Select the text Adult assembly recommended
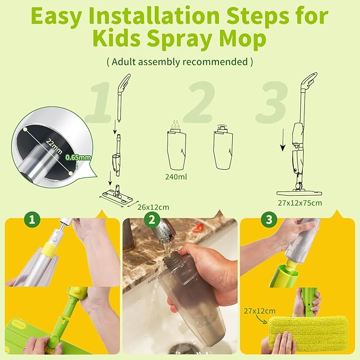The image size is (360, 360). [x=180, y=62]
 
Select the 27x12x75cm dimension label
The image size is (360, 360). [x=301, y=203]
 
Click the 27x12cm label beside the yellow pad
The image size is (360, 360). [x=260, y=311]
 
